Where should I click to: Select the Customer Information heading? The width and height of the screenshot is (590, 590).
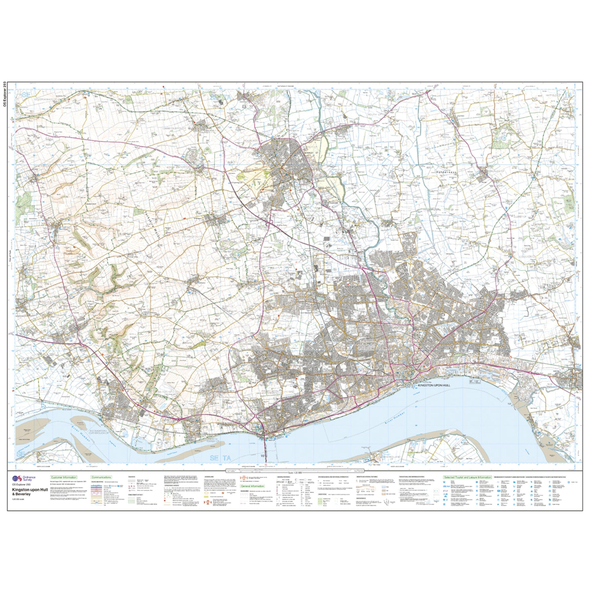click(64, 477)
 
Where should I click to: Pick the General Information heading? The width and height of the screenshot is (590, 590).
click(252, 486)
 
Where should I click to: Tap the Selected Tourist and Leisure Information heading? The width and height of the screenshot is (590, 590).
click(467, 477)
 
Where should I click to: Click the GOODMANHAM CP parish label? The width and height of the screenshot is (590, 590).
click(46, 100)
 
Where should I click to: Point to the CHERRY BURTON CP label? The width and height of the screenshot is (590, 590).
click(174, 129)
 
